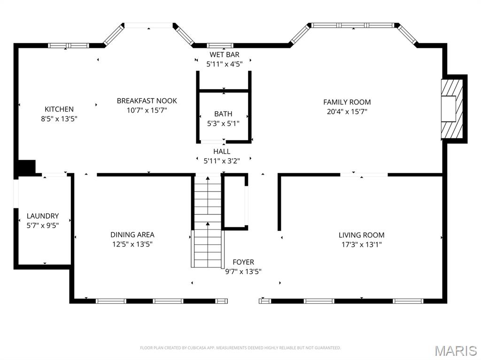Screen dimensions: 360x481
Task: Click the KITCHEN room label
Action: [x=59, y=109]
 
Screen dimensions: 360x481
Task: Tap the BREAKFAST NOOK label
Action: [x=147, y=101]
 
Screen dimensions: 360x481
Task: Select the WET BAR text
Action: [x=224, y=55]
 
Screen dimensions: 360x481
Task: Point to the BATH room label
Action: [x=223, y=114]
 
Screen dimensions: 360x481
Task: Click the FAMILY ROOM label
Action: [x=347, y=102]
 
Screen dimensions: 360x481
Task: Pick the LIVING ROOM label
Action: [x=361, y=235]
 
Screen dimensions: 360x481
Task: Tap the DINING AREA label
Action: [x=132, y=235]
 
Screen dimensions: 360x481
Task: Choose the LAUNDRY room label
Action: [x=43, y=216]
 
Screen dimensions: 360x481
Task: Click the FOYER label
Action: [x=243, y=262]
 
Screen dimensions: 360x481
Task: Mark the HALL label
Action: [x=222, y=152]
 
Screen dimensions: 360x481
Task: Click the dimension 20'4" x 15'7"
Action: [x=347, y=112]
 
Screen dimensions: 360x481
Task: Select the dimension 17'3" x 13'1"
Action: [x=361, y=245]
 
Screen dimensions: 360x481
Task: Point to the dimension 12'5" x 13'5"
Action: [x=132, y=244]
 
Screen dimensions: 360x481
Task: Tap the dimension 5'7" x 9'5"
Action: [x=43, y=225]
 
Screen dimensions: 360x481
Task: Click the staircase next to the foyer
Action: [x=208, y=221]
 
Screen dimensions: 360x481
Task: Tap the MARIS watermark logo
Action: [x=455, y=351]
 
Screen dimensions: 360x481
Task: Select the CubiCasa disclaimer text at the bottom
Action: [x=240, y=348]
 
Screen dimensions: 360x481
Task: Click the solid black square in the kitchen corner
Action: [x=26, y=168]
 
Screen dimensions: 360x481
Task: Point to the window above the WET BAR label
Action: [x=220, y=46]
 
